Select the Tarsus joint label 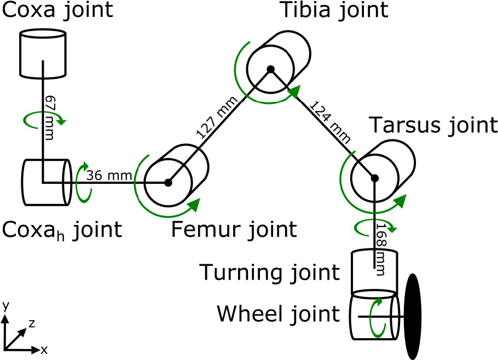[433, 126]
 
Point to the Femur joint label [234, 229]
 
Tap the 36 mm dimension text [109, 176]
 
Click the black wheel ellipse [414, 316]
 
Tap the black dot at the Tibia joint [270, 69]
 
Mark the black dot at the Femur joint [169, 183]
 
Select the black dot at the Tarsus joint [375, 178]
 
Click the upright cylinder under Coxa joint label [43, 54]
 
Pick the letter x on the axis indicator [43, 349]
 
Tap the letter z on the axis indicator [31, 323]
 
